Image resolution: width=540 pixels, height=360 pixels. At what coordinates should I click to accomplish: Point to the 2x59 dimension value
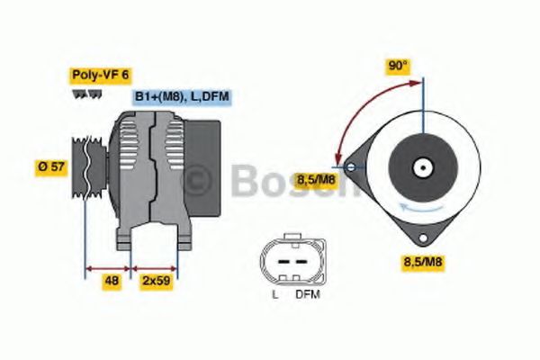156,281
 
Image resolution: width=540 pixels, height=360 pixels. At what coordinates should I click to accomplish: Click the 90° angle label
398,67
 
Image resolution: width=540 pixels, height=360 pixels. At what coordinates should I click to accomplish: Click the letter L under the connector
274,294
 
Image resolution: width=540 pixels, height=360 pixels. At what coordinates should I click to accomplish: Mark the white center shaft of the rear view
420,167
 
